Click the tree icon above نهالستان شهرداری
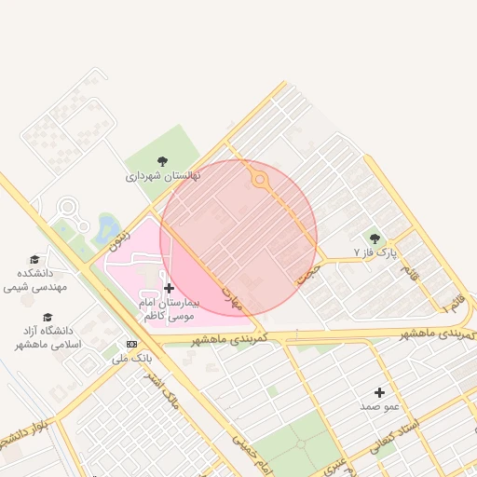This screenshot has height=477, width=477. click(162, 160)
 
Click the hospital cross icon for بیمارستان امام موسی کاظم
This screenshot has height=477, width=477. click(169, 288)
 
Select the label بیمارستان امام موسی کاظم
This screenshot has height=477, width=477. click(168, 310)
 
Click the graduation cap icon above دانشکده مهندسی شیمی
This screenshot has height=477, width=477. click(34, 259)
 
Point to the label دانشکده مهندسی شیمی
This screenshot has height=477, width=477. click(36, 280)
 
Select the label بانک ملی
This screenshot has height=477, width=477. click(131, 357)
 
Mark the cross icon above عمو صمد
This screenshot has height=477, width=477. click(379, 392)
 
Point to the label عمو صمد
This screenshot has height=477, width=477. click(379, 407)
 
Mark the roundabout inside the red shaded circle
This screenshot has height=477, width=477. click(260, 180)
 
